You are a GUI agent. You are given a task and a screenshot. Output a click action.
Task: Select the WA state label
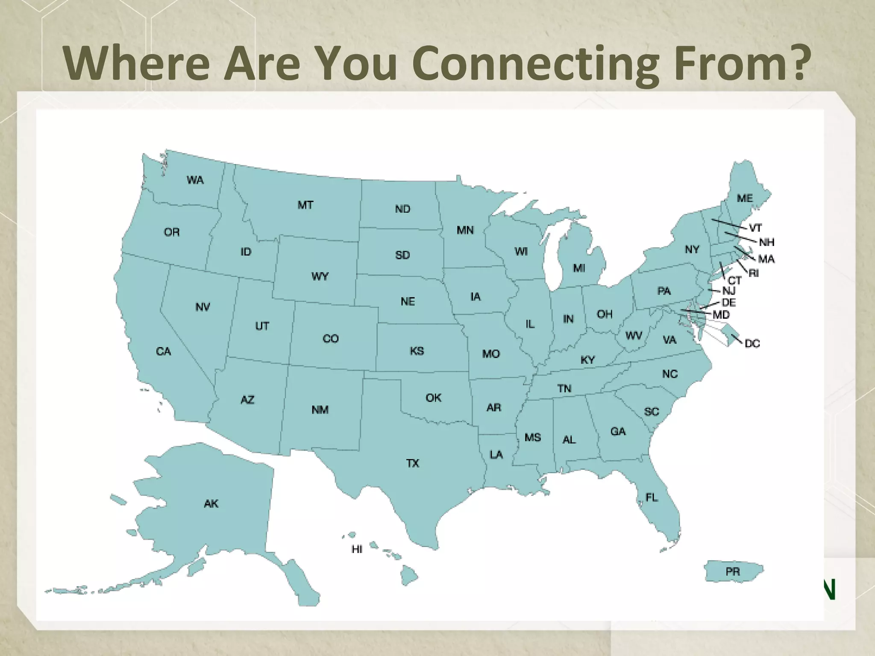pyautogui.click(x=195, y=180)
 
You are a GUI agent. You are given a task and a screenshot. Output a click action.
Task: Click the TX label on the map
pyautogui.click(x=413, y=463)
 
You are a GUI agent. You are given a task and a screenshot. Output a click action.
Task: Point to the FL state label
pyautogui.click(x=652, y=498)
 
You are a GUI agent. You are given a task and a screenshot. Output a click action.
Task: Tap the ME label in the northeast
pyautogui.click(x=745, y=199)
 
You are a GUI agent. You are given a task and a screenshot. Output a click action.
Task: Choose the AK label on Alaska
pyautogui.click(x=211, y=504)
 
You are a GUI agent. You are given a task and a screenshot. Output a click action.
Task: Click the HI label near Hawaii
pyautogui.click(x=357, y=549)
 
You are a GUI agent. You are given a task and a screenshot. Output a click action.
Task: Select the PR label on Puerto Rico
pyautogui.click(x=732, y=572)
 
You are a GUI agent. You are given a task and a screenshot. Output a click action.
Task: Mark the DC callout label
pyautogui.click(x=752, y=343)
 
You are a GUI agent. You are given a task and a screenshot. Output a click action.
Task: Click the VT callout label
pyautogui.click(x=755, y=228)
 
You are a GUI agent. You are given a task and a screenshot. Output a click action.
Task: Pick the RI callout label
pyautogui.click(x=754, y=273)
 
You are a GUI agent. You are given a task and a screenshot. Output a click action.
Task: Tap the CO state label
pyautogui.click(x=330, y=339)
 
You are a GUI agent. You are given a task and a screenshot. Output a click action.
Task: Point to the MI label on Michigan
pyautogui.click(x=579, y=268)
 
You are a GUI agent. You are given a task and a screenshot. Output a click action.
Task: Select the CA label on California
pyautogui.click(x=163, y=351)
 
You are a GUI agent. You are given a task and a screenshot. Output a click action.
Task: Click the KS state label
pyautogui.click(x=417, y=351)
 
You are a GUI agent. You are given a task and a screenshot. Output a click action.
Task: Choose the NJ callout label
pyautogui.click(x=729, y=291)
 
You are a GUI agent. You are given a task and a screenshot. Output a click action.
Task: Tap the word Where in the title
pyautogui.click(x=136, y=63)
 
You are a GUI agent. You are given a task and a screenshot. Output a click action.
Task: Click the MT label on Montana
pyautogui.click(x=305, y=205)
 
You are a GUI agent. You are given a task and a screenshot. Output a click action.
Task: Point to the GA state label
pyautogui.click(x=618, y=432)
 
